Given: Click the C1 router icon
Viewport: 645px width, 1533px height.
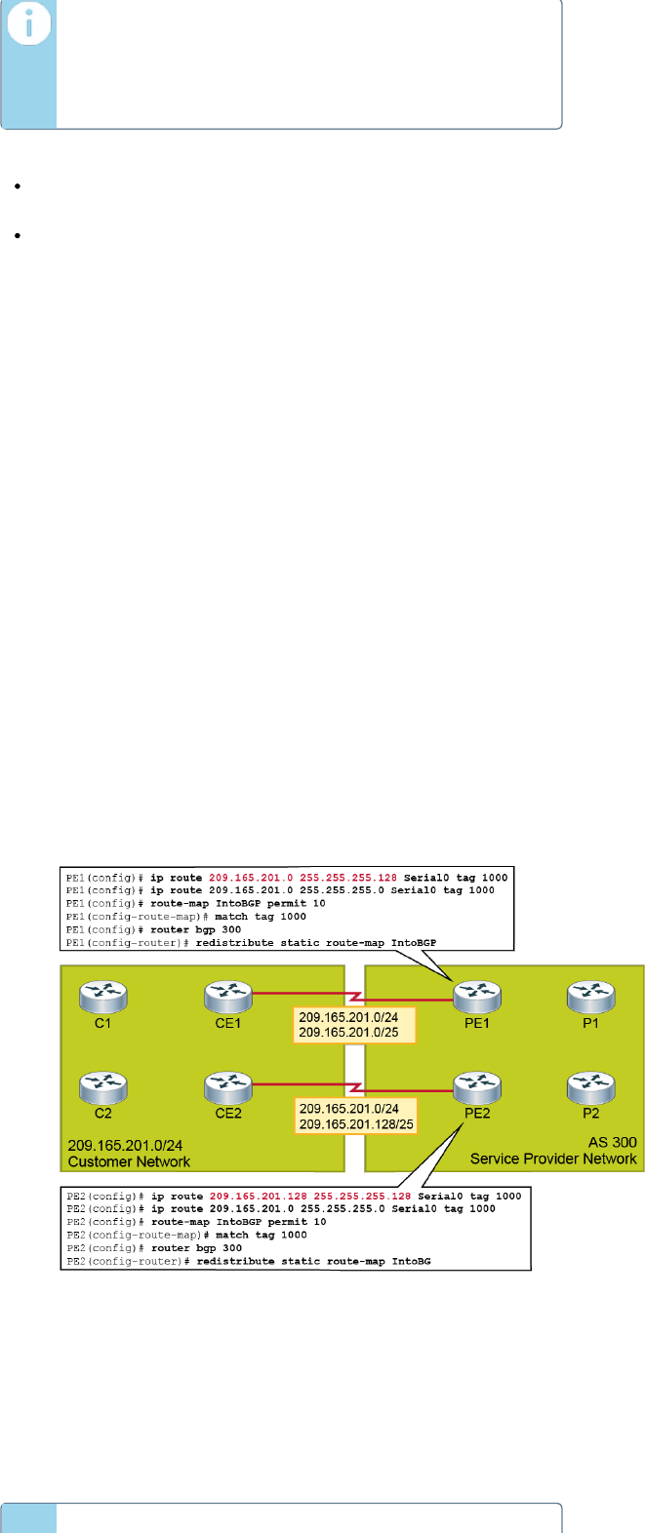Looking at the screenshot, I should coord(103,997).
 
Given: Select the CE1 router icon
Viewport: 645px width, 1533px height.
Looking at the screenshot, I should coord(228,997).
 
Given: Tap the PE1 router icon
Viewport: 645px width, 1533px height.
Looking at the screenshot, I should coord(477,997).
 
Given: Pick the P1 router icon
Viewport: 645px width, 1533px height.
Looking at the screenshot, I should coord(590,997).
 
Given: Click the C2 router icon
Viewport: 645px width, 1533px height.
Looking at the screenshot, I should coord(103,1086).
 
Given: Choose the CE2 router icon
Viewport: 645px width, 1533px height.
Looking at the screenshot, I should coord(228,1086).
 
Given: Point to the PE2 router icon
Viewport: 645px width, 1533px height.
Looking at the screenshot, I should coord(477,1086).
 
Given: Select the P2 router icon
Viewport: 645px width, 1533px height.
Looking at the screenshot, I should coord(590,1086).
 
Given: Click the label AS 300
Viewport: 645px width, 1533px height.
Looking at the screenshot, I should coord(612,1142).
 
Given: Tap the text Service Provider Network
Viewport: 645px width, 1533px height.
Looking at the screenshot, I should coord(553,1159).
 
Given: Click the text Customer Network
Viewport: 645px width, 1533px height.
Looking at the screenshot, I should coord(129,1161).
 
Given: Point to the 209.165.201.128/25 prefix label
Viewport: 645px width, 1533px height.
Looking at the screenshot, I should coord(356,1124).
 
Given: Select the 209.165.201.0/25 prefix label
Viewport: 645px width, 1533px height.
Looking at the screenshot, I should coord(348,1033).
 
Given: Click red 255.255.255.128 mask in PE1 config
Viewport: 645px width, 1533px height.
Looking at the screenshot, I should coord(348,878).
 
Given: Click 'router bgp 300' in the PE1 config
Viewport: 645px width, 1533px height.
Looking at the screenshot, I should coord(195,929).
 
